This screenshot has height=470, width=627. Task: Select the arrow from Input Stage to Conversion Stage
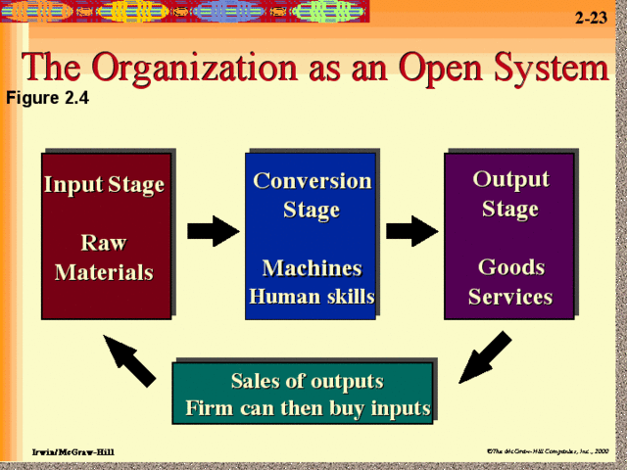tap(213, 232)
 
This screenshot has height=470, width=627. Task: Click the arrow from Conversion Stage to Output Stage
tap(411, 232)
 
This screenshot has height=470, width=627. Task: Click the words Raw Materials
tap(104, 258)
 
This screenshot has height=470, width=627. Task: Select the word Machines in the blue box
tap(312, 268)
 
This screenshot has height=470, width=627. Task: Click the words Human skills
tap(312, 297)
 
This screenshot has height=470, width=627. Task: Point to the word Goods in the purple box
tap(510, 267)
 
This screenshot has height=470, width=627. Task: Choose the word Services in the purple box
tap(510, 297)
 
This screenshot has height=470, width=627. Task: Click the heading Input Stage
tap(104, 185)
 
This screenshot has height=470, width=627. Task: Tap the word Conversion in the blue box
tap(312, 181)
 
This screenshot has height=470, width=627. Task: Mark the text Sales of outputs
tap(307, 381)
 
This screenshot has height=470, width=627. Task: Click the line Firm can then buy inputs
tap(308, 407)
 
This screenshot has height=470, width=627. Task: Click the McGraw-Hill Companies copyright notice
tap(548, 449)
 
